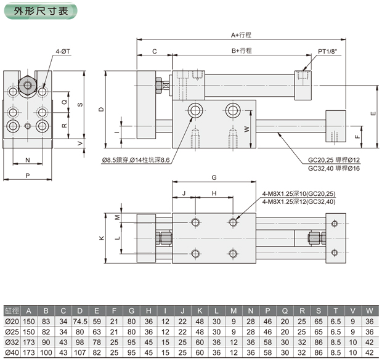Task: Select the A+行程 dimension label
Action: pyautogui.click(x=242, y=35)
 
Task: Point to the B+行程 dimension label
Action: pyautogui.click(x=242, y=52)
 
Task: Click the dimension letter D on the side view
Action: pyautogui.click(x=102, y=109)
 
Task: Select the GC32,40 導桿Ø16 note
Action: pyautogui.click(x=338, y=168)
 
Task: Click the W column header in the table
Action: pyautogui.click(x=368, y=310)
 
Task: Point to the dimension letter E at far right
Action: pyautogui.click(x=373, y=114)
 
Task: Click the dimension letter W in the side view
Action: pyautogui.click(x=246, y=129)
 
